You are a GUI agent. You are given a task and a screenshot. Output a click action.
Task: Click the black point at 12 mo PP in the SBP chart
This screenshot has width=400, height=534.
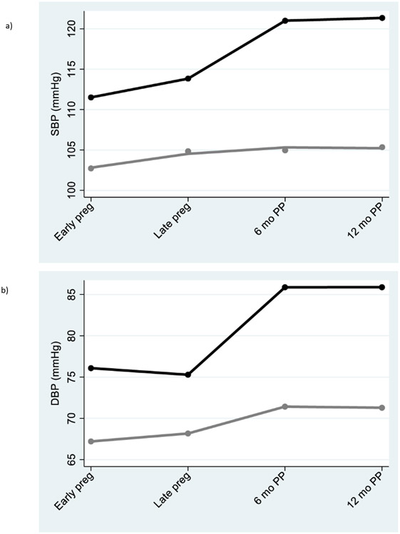point(382,18)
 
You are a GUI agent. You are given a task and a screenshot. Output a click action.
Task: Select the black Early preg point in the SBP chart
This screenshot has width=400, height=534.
point(91,97)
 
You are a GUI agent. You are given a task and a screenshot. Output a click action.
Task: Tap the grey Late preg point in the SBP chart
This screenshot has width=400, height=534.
point(188,151)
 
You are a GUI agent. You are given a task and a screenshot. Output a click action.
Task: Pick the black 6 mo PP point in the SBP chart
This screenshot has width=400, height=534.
point(285,21)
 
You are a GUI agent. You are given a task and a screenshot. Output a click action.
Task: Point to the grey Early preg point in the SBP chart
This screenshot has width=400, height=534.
point(91,168)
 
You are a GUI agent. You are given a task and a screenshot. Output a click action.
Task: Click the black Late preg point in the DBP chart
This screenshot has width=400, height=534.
point(188,375)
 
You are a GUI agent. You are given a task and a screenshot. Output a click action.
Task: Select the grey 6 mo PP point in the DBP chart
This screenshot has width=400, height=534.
point(285,407)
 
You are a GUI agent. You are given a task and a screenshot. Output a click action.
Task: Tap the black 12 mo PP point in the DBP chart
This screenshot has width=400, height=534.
point(382,287)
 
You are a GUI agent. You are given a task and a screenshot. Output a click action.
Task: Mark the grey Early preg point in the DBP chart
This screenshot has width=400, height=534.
point(91,441)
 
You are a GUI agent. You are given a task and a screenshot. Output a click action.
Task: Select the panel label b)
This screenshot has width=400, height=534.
point(9,290)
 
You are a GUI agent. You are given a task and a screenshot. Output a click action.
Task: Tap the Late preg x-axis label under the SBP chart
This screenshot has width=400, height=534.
point(173,221)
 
